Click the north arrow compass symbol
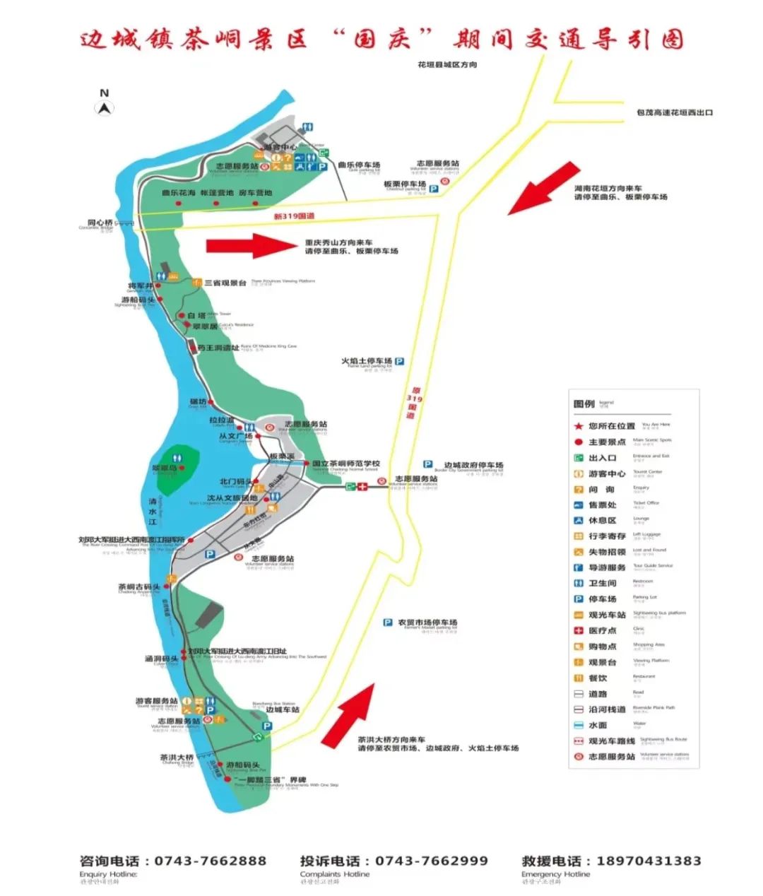coord(105,107)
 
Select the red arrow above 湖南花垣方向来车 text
coord(544,188)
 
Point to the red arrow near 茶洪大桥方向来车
coord(348,715)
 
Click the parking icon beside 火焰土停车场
coord(399,361)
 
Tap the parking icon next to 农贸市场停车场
coord(387,623)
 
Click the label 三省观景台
coord(225,283)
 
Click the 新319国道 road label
coord(293,215)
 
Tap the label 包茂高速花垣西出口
coord(675,112)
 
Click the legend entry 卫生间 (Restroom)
coord(602,583)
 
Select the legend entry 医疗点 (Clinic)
coord(602,630)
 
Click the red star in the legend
coord(578,426)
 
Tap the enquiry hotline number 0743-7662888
coord(211,861)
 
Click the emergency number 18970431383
coord(649,861)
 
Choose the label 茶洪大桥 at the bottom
coord(177,758)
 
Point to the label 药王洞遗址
coord(218,347)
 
